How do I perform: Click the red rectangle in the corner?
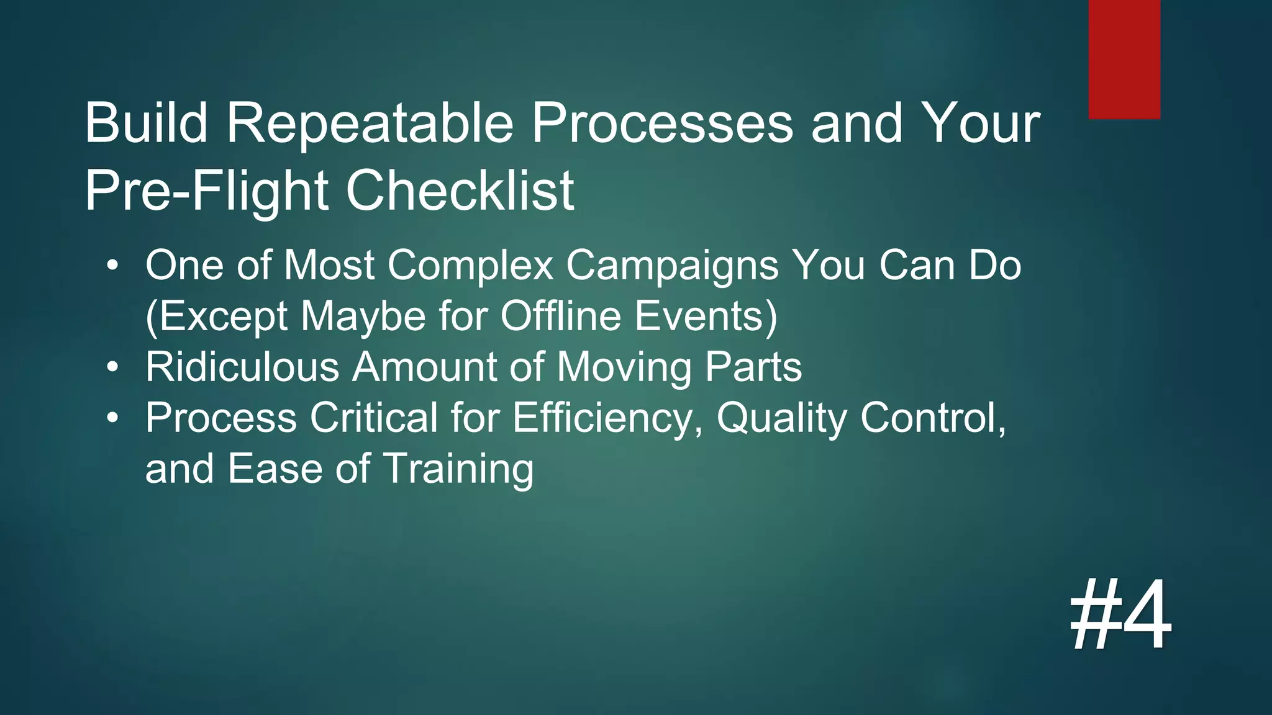pyautogui.click(x=1124, y=59)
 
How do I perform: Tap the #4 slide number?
pyautogui.click(x=1120, y=615)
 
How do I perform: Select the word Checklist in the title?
pyautogui.click(x=460, y=191)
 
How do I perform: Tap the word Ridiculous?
pyautogui.click(x=242, y=367)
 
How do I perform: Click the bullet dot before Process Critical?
pyautogui.click(x=112, y=418)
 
